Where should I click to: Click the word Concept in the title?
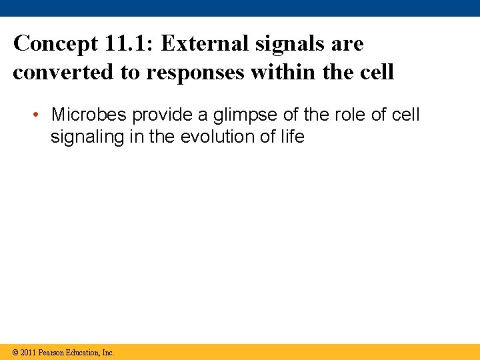tap(55, 44)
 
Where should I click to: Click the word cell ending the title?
tap(378, 72)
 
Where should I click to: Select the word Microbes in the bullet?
tap(89, 115)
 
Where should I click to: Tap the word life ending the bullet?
tap(291, 137)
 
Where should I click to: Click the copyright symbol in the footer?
tap(15, 353)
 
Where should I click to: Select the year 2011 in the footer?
tap(28, 353)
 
